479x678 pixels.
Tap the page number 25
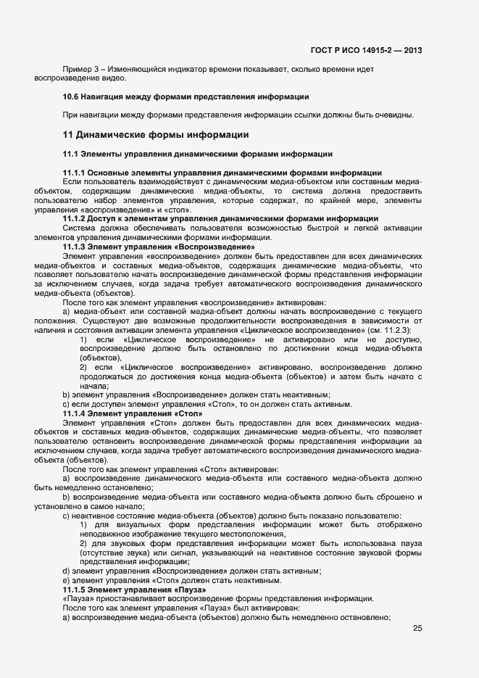417,628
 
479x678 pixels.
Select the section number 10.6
71,96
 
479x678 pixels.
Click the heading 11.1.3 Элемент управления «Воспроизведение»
159,247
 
